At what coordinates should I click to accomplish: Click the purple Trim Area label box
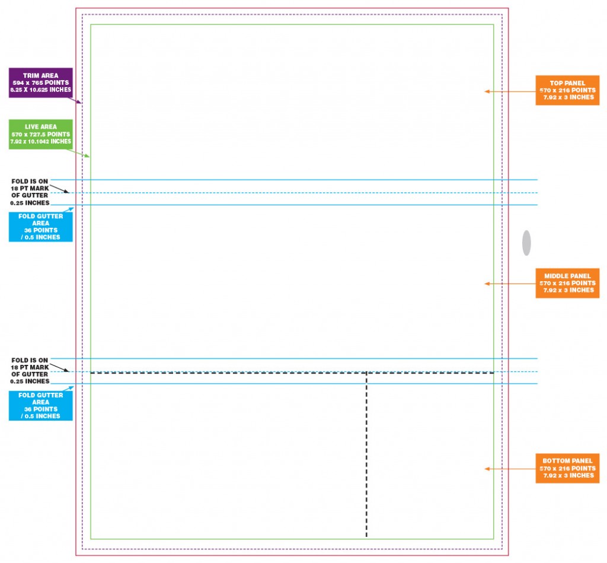[x=41, y=82]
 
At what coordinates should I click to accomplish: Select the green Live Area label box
[x=41, y=134]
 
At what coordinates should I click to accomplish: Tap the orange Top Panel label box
[x=567, y=90]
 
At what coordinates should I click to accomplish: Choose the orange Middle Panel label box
[x=567, y=283]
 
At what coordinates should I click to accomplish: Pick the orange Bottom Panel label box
[x=567, y=468]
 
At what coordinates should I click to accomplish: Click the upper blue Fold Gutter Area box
[x=41, y=227]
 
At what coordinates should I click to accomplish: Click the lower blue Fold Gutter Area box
[x=41, y=406]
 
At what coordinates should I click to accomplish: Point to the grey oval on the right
[x=526, y=243]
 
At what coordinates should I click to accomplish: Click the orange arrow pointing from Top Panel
[x=510, y=91]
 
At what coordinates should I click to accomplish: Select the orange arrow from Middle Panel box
[x=510, y=284]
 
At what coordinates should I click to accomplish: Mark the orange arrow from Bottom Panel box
[x=510, y=469]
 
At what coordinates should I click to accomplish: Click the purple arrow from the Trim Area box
[x=75, y=100]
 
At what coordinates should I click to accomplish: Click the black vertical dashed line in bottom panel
[x=366, y=455]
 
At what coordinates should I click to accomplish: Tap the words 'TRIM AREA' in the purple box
[x=41, y=75]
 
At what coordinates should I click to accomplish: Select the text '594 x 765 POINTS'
[x=41, y=82]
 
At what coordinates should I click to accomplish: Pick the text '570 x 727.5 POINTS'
[x=41, y=135]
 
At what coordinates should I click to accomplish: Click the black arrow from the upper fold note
[x=59, y=189]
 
